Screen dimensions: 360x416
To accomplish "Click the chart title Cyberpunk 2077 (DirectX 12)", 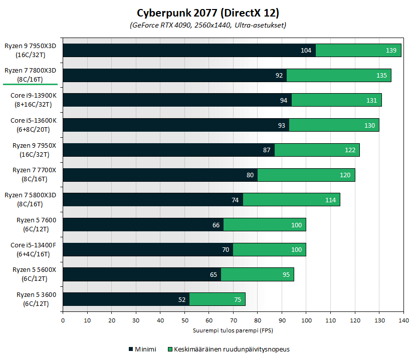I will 208,12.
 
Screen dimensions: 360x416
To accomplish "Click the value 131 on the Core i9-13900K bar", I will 371,100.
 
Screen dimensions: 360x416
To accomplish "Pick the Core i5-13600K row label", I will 34,125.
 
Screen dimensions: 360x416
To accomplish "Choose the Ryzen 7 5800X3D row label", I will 34,199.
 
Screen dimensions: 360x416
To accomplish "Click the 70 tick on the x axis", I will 233,320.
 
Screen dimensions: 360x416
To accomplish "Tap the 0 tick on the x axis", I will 63,320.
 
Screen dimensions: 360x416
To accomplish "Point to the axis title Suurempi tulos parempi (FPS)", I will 233,330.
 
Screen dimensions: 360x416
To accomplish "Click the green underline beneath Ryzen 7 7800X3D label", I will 31,84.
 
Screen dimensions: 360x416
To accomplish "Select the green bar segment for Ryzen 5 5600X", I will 257,274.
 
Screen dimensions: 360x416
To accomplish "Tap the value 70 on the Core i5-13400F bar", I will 226,250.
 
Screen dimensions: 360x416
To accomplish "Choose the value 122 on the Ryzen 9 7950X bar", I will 349,150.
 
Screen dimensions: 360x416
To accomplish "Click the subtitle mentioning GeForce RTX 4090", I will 208,25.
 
